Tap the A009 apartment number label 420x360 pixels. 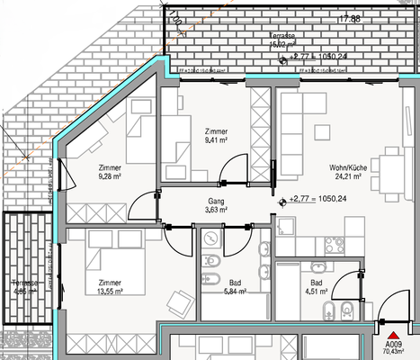tap(393, 345)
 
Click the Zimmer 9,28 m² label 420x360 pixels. tap(109, 173)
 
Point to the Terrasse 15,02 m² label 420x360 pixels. tap(284, 38)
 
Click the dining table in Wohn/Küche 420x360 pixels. tap(389, 166)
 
